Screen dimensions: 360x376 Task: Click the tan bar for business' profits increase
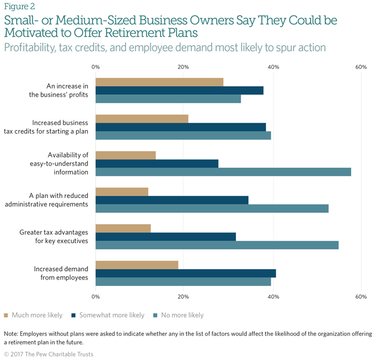[x=159, y=82]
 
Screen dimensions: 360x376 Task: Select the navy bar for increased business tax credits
[x=180, y=127]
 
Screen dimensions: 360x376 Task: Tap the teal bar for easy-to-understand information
[x=223, y=172]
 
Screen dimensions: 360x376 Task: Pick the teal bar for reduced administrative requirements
[x=212, y=208]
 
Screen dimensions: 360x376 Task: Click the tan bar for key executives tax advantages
[x=123, y=228]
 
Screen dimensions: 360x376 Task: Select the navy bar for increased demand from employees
[x=185, y=273]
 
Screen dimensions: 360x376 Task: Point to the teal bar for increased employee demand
[x=183, y=282]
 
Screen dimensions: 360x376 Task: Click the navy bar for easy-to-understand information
[x=157, y=163]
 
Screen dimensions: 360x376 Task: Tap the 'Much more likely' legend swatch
[x=6, y=315]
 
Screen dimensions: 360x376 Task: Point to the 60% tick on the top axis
[x=361, y=67]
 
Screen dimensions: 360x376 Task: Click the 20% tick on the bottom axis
[x=183, y=297]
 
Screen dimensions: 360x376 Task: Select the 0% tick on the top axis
[x=95, y=67]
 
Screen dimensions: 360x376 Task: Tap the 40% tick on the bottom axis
[x=273, y=297]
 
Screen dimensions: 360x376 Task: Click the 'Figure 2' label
[x=19, y=7]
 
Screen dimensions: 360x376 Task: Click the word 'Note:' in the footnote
[x=11, y=334]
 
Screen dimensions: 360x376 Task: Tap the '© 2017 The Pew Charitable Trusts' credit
[x=48, y=354]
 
